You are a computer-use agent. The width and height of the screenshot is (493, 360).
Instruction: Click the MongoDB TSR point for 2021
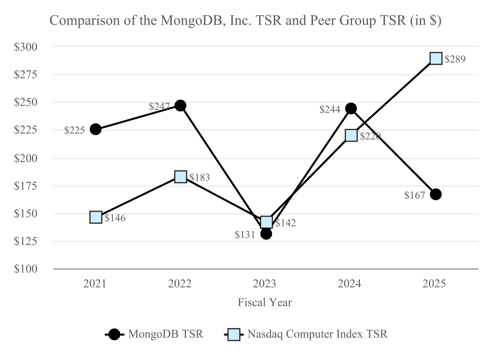click(x=96, y=129)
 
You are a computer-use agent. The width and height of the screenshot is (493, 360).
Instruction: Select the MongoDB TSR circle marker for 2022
click(x=180, y=106)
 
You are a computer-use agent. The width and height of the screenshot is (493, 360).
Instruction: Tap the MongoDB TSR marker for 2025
click(x=436, y=194)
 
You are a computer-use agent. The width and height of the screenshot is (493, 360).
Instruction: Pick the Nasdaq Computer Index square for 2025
click(x=436, y=59)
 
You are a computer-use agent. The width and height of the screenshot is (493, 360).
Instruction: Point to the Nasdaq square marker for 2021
click(x=96, y=217)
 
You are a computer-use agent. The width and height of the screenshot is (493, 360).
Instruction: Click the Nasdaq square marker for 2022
click(x=180, y=177)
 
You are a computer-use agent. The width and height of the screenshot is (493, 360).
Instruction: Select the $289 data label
click(x=455, y=59)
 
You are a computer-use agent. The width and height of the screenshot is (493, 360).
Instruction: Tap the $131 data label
click(x=245, y=235)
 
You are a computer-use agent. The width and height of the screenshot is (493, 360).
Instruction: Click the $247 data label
click(x=159, y=106)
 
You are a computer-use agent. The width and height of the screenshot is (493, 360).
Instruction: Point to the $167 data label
click(x=415, y=196)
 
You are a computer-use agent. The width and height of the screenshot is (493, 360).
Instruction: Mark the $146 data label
click(x=115, y=217)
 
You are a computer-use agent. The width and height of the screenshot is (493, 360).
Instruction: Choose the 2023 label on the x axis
click(x=265, y=284)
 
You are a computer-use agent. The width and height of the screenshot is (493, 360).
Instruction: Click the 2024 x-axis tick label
click(x=351, y=284)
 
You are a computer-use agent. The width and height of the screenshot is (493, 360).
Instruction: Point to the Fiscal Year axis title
click(x=265, y=302)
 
